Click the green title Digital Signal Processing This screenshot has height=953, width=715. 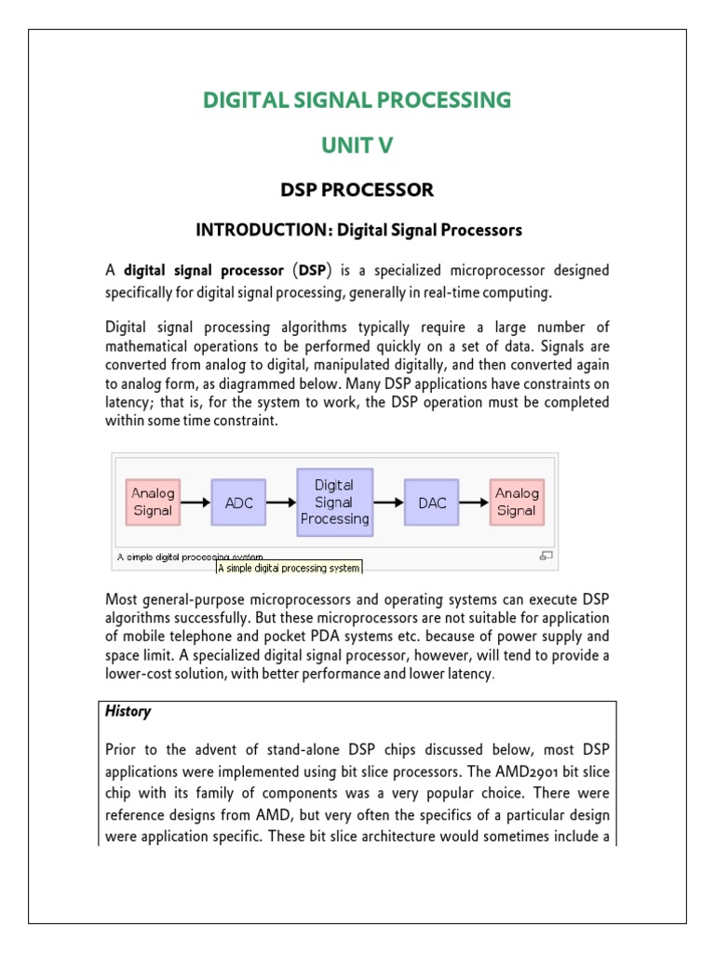click(x=357, y=100)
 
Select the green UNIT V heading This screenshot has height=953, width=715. click(x=357, y=146)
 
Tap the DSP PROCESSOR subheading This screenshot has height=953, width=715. click(x=357, y=190)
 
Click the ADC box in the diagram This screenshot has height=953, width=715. click(x=238, y=503)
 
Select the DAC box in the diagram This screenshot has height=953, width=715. click(x=432, y=503)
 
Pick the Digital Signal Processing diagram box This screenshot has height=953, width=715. click(x=334, y=503)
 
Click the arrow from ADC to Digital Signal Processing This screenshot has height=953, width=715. click(x=280, y=503)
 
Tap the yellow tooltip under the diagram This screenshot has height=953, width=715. click(x=289, y=567)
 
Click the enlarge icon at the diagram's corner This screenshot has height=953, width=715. click(x=546, y=556)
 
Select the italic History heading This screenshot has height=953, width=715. click(x=128, y=711)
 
